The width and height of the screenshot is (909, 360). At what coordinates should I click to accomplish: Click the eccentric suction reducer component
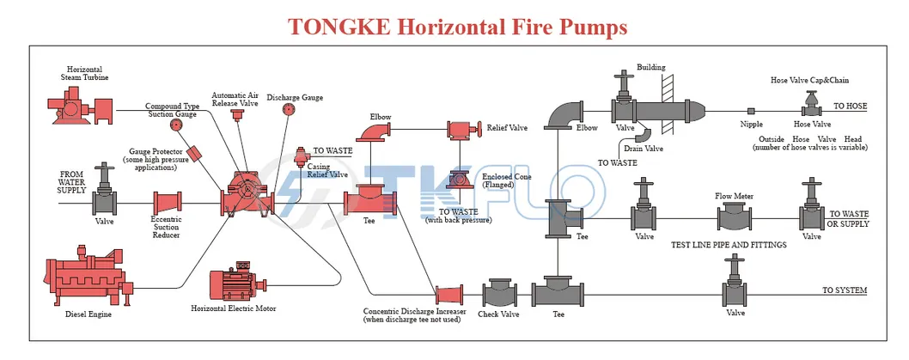[x=167, y=204]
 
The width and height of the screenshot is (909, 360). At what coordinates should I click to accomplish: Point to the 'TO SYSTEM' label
[x=844, y=290]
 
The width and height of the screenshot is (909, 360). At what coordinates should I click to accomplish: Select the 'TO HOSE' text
[x=850, y=107]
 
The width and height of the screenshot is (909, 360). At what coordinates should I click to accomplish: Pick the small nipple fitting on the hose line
[x=751, y=111]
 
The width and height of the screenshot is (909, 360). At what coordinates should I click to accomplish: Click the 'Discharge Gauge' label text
[x=295, y=98]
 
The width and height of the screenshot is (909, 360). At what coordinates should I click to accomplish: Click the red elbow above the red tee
[x=375, y=131]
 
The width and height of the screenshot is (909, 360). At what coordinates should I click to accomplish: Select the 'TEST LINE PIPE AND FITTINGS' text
[x=729, y=245]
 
